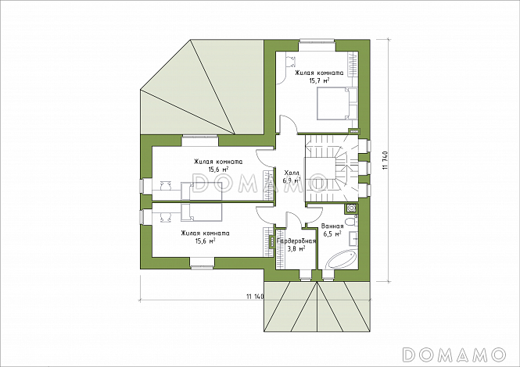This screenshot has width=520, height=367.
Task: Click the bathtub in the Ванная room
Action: coord(341,260)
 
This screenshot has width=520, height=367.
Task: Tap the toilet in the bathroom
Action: coord(350,222)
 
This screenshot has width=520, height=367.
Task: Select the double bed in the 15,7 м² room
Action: coord(336,104)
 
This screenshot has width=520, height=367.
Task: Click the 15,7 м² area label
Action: coord(319,80)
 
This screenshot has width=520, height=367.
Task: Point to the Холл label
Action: coord(292,173)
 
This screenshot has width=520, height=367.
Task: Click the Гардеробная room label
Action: coord(296,241)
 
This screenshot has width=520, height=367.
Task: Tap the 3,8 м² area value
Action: coord(295,249)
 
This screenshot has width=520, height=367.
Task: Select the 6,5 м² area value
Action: coord(332,233)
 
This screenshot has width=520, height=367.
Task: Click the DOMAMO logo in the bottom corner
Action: coord(454,355)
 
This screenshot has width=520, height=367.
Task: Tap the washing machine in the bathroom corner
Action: coord(351,208)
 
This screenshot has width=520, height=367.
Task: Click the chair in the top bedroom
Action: coord(291,60)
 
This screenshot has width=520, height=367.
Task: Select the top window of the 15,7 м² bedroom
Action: coord(317,41)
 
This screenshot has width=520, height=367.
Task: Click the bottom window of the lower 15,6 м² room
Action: coord(202,265)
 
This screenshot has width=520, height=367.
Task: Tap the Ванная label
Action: coord(332,226)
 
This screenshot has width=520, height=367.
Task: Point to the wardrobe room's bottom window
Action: coord(306,275)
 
